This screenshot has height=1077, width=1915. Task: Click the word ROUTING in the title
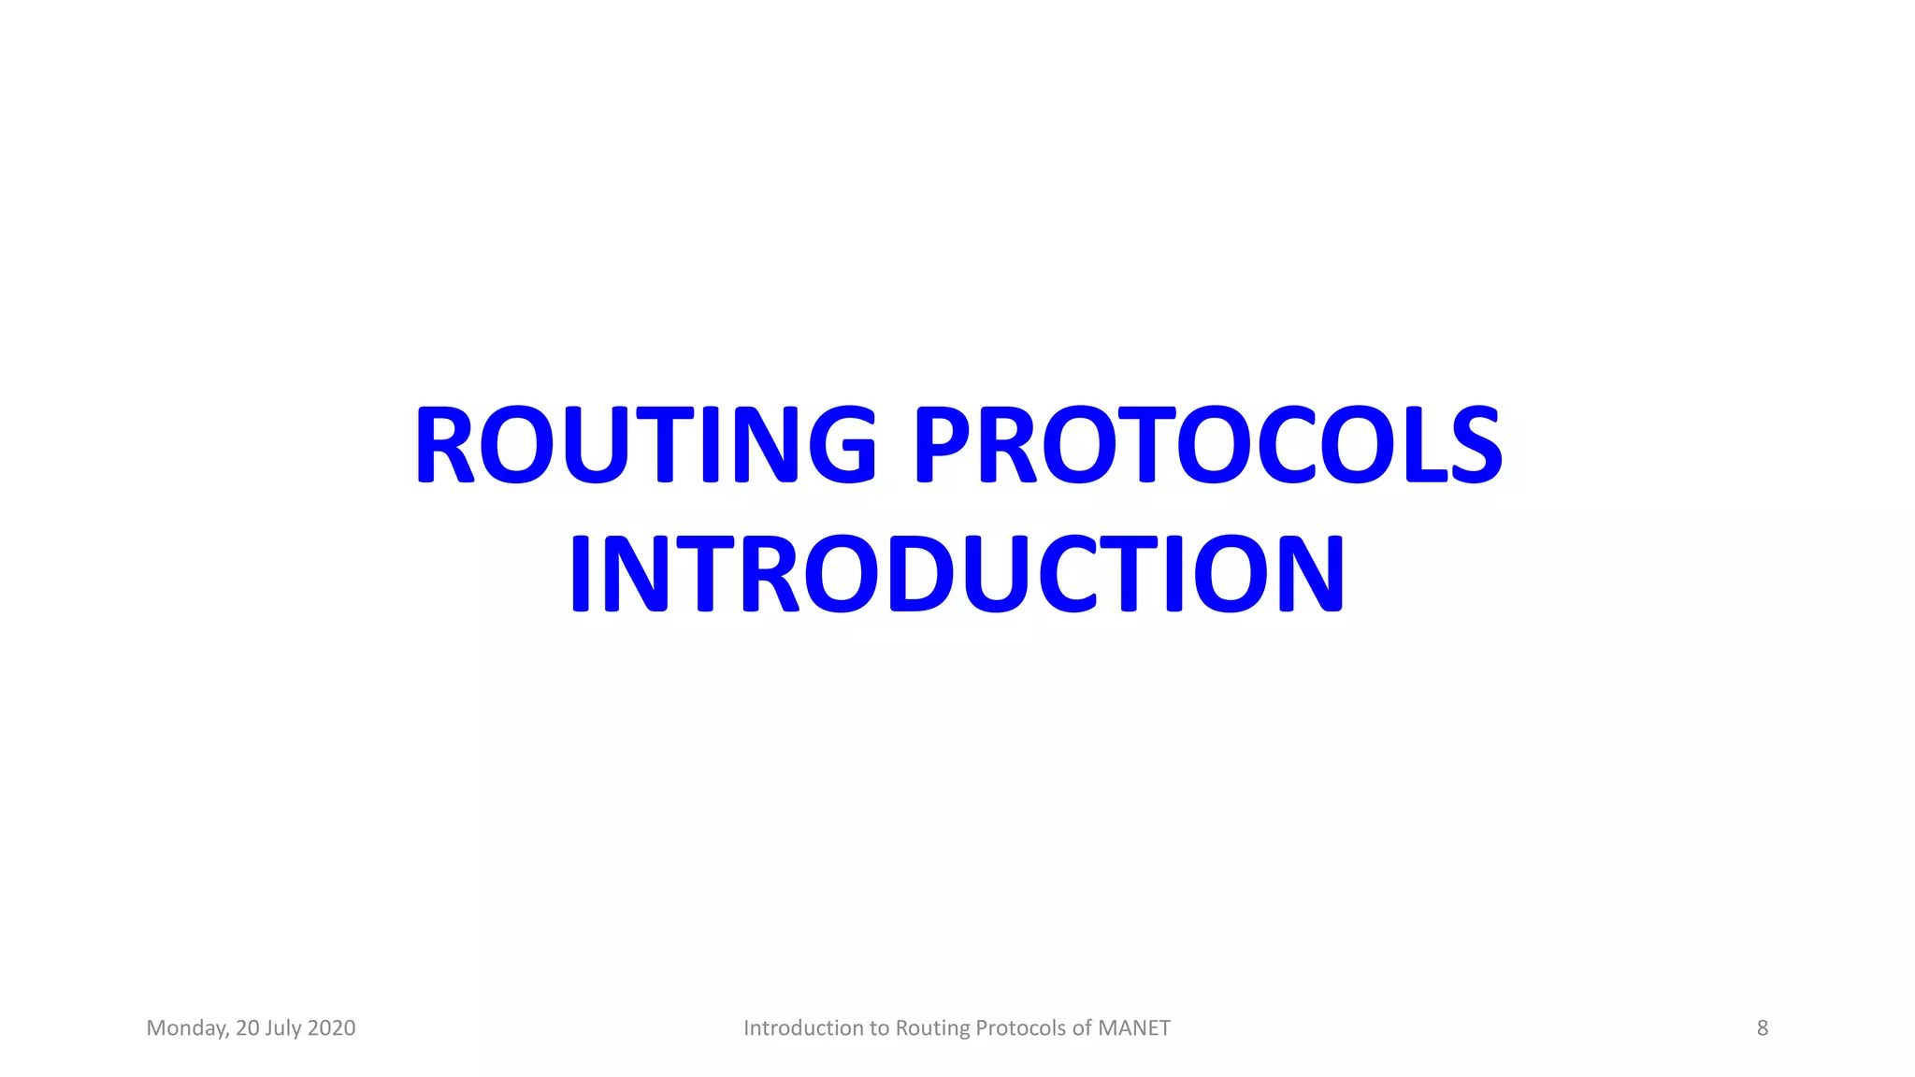pyautogui.click(x=645, y=445)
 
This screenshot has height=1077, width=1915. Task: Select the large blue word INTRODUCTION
pyautogui.click(x=957, y=574)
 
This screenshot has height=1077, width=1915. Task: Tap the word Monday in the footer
pyautogui.click(x=187, y=1028)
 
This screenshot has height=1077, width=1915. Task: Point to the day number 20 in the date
pyautogui.click(x=248, y=1028)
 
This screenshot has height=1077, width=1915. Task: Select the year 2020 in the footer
pyautogui.click(x=331, y=1028)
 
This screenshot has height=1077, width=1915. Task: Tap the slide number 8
pyautogui.click(x=1762, y=1028)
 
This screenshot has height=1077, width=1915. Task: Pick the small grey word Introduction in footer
pyautogui.click(x=803, y=1028)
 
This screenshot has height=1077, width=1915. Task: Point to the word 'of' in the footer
pyautogui.click(x=1082, y=1028)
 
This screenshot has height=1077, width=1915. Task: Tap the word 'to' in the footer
pyautogui.click(x=880, y=1028)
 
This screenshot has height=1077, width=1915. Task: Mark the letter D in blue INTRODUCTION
pyautogui.click(x=928, y=574)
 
